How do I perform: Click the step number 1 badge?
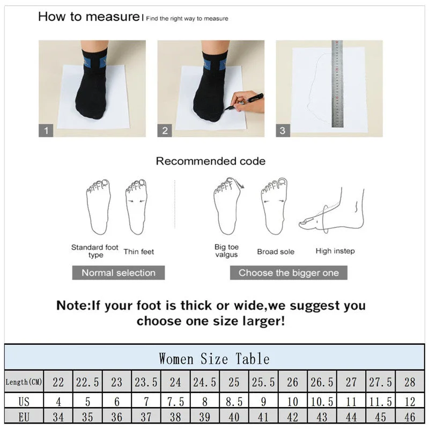click(x=46, y=130)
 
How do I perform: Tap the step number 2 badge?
click(x=165, y=130)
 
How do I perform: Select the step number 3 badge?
click(x=283, y=130)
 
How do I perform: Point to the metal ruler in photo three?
click(x=337, y=83)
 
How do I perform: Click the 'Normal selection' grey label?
click(x=119, y=272)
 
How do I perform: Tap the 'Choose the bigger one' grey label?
click(x=289, y=272)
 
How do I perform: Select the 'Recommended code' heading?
click(x=210, y=161)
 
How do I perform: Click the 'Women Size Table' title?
click(x=214, y=358)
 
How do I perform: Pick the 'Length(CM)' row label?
click(x=24, y=382)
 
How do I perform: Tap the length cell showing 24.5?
click(x=205, y=382)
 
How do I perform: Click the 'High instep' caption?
click(x=335, y=251)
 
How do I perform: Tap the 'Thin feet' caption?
click(x=139, y=252)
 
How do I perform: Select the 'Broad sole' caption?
click(x=276, y=252)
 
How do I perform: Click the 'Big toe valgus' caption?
click(x=226, y=251)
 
